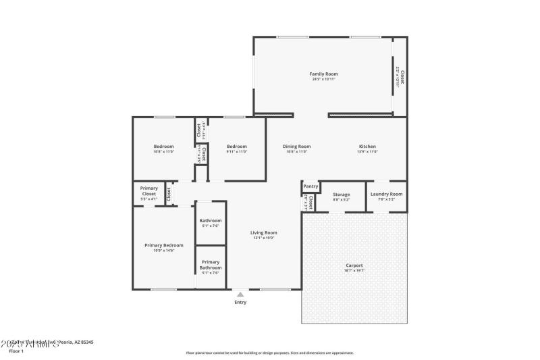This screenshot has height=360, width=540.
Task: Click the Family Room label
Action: click(x=323, y=74)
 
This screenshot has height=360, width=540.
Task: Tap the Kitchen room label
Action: click(x=367, y=147)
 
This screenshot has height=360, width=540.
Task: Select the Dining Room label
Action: click(x=296, y=147)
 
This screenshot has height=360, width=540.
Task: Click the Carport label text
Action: click(x=354, y=265)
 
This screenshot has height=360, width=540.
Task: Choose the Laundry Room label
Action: click(x=386, y=194)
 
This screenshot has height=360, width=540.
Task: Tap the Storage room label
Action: click(x=341, y=194)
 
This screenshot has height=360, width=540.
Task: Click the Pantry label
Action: click(x=310, y=186)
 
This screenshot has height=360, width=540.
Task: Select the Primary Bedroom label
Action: click(x=163, y=245)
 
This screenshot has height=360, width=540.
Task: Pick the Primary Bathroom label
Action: click(x=211, y=265)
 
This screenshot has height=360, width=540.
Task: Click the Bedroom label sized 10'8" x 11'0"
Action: click(x=163, y=147)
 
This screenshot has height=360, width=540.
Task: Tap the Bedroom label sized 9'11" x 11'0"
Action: click(x=236, y=147)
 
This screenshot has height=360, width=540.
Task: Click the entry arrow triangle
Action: click(x=240, y=294)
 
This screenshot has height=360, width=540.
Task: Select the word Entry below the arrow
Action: click(x=240, y=303)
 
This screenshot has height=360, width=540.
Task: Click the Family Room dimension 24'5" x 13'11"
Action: click(x=323, y=79)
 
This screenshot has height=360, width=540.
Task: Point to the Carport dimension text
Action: click(x=354, y=271)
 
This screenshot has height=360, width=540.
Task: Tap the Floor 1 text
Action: click(x=16, y=351)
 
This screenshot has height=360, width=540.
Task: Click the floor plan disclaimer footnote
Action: click(x=269, y=353)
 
